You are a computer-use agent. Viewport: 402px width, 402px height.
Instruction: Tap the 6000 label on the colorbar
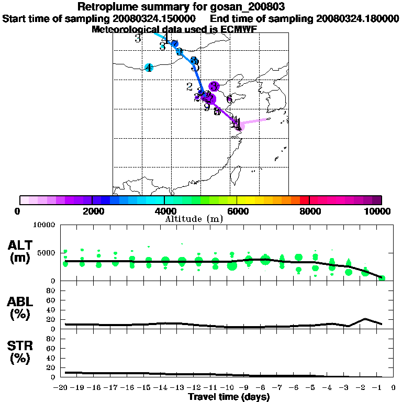click(x=237, y=211)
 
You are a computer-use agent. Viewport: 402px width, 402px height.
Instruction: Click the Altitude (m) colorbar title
click(x=194, y=219)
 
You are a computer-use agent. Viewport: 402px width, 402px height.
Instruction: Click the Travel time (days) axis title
click(x=229, y=397)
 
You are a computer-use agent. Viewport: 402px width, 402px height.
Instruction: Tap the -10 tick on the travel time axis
click(x=230, y=388)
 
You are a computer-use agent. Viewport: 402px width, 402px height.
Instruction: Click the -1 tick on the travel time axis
click(x=382, y=388)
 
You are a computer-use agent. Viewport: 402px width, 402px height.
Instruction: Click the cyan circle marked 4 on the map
click(x=149, y=68)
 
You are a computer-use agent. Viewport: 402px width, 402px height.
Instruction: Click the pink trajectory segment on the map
click(x=254, y=122)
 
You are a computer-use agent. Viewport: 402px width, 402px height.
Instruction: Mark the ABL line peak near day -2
click(x=365, y=318)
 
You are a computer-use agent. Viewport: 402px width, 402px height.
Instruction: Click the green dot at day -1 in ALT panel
click(x=382, y=277)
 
